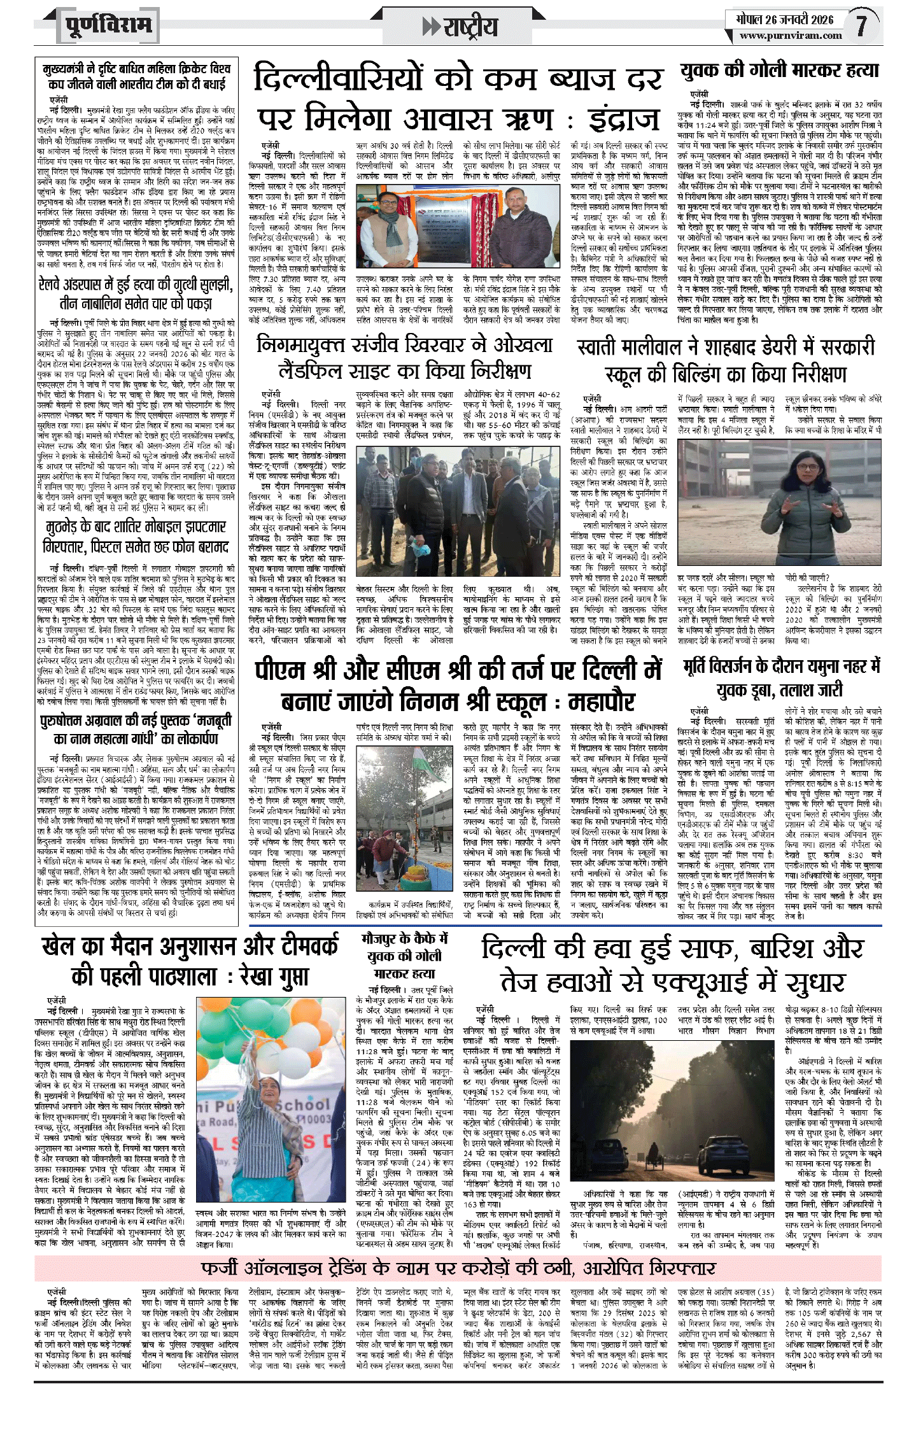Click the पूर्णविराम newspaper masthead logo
[x=108, y=26]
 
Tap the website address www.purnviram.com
[x=790, y=36]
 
